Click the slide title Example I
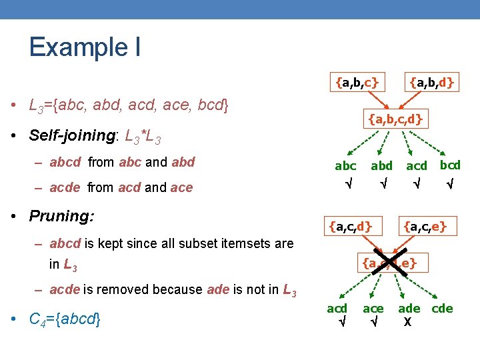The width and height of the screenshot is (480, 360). (x=84, y=47)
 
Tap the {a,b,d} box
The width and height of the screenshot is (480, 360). (x=431, y=82)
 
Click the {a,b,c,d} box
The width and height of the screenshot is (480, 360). (x=395, y=120)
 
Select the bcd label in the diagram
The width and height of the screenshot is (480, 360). (x=450, y=165)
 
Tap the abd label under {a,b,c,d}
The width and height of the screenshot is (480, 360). (x=381, y=166)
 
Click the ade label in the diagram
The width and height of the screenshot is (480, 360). (x=409, y=308)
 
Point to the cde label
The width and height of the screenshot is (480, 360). (x=442, y=308)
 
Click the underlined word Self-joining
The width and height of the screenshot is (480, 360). (x=69, y=135)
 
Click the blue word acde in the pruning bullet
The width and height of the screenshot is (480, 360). (x=65, y=289)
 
